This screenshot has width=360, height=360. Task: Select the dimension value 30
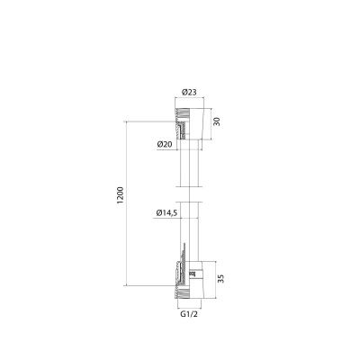(x=215, y=121)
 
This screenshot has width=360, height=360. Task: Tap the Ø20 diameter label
(x=165, y=145)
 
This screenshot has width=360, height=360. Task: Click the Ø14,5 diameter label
(x=164, y=212)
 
